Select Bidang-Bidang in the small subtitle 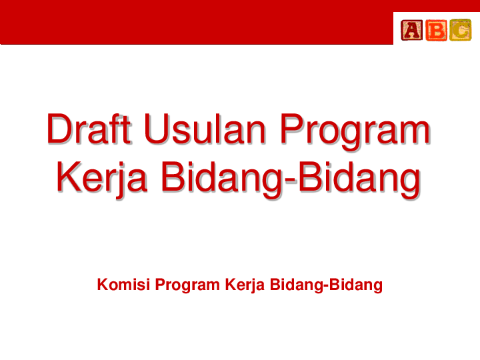click(x=326, y=286)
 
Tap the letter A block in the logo click(x=411, y=29)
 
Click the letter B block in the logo click(x=436, y=29)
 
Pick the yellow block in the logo click(x=460, y=29)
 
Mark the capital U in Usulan click(x=158, y=130)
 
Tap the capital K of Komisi click(x=103, y=285)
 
